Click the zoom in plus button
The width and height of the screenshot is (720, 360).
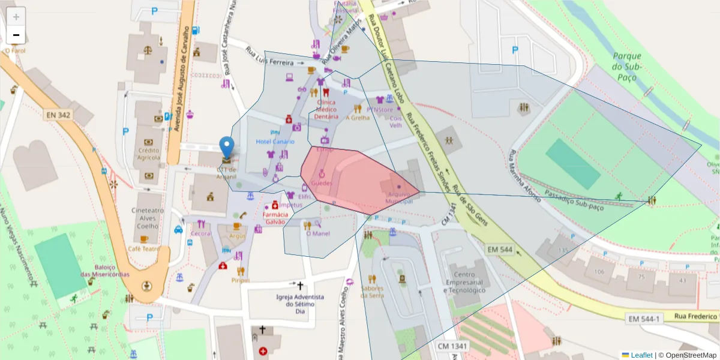[16, 17]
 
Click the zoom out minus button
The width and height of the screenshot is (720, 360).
[16, 35]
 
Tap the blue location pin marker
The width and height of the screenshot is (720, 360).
[227, 148]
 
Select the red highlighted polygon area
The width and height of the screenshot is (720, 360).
[354, 180]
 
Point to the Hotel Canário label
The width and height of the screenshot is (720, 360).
[275, 142]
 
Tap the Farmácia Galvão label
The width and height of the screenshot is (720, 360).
[275, 218]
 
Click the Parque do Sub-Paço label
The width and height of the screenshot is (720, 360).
[627, 66]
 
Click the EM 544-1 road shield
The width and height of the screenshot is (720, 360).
[644, 318]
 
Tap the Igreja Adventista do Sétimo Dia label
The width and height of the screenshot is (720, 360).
[300, 304]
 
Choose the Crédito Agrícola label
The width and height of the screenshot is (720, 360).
[148, 154]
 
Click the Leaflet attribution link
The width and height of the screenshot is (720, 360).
[641, 355]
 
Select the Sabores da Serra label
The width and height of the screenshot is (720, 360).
[372, 291]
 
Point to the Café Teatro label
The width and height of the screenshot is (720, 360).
[143, 248]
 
